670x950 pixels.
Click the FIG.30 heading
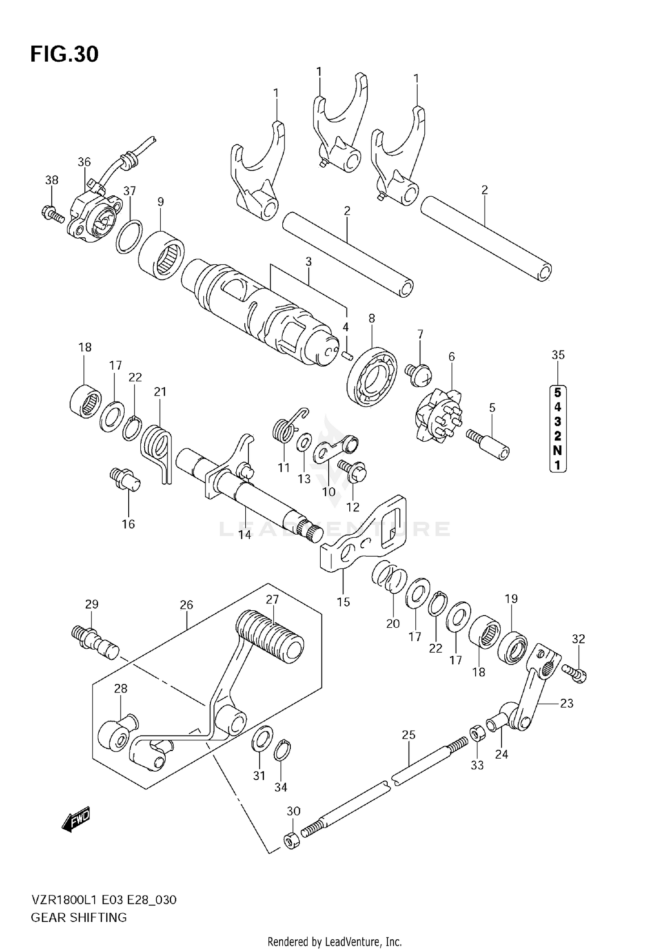coord(64,54)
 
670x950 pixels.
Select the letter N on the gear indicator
coord(557,450)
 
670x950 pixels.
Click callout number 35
coord(558,355)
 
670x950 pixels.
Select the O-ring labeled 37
coord(129,236)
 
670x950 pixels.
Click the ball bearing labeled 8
coord(373,376)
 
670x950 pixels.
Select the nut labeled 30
coord(291,840)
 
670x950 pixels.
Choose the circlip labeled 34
coord(282,750)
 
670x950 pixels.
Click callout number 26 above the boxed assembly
coord(186,605)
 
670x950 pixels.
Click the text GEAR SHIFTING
coord(79,917)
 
